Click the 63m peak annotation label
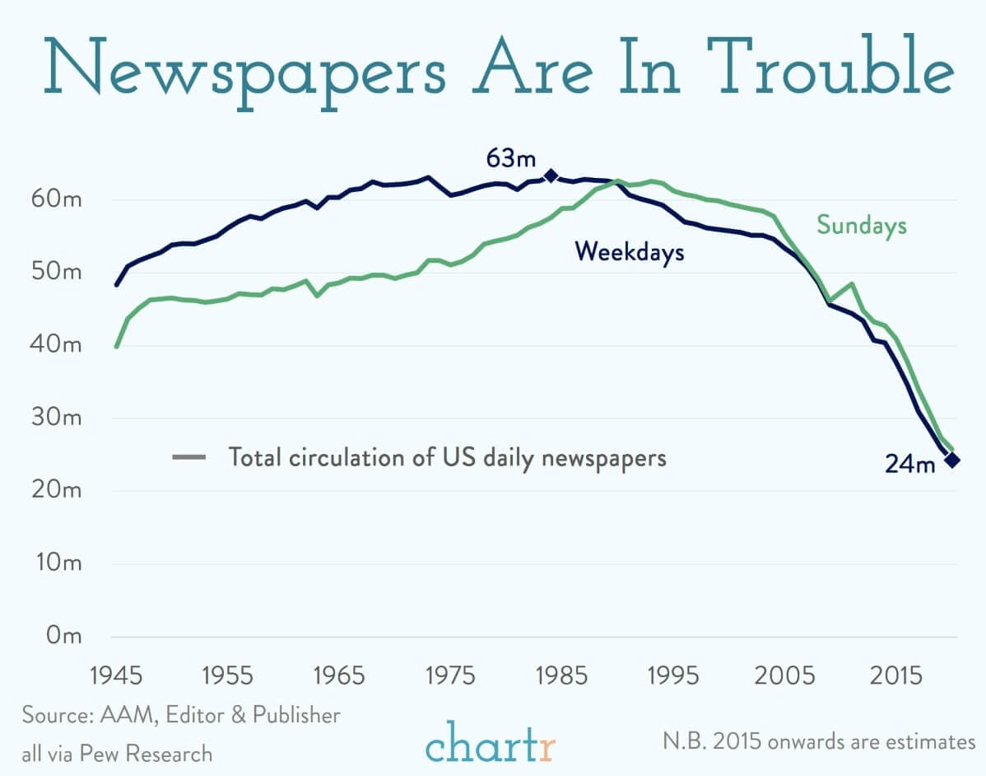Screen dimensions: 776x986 point(510,157)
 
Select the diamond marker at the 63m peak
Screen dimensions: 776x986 point(551,175)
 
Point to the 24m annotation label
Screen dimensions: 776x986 point(910,464)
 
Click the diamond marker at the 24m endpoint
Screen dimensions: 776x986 point(951,460)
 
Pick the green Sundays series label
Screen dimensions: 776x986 point(861,225)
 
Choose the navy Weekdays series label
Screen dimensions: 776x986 point(630,251)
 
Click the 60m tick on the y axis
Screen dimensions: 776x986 point(55,200)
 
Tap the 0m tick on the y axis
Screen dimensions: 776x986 point(63,636)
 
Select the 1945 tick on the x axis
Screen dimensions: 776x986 point(117,675)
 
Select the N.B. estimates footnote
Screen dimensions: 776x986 point(818,741)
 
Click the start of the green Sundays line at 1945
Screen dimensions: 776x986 point(117,346)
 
